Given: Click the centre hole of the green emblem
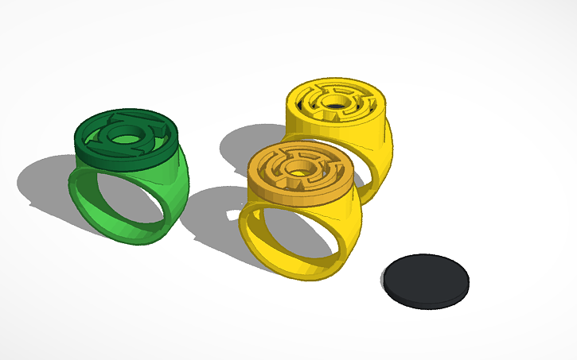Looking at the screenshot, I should [123, 137].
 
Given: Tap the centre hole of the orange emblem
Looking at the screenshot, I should [301, 168].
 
